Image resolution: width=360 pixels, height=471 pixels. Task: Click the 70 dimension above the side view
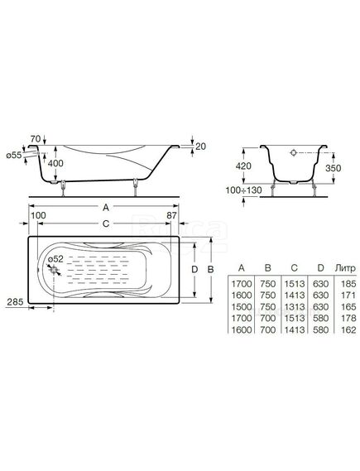point(36,139)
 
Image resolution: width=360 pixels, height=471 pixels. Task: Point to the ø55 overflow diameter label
point(14,155)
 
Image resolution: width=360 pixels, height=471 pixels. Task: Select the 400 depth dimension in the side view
point(55,163)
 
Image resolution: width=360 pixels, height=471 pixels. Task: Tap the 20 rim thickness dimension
point(200,147)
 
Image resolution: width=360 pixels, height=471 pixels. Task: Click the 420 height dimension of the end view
point(243,166)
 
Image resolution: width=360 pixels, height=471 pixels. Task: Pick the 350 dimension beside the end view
point(334,168)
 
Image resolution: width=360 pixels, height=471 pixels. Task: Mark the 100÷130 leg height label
point(244,190)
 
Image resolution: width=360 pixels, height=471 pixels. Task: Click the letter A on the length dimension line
point(106,207)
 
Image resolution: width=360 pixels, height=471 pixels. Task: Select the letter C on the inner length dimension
point(106,223)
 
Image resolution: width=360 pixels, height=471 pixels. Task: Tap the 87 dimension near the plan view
point(171,215)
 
